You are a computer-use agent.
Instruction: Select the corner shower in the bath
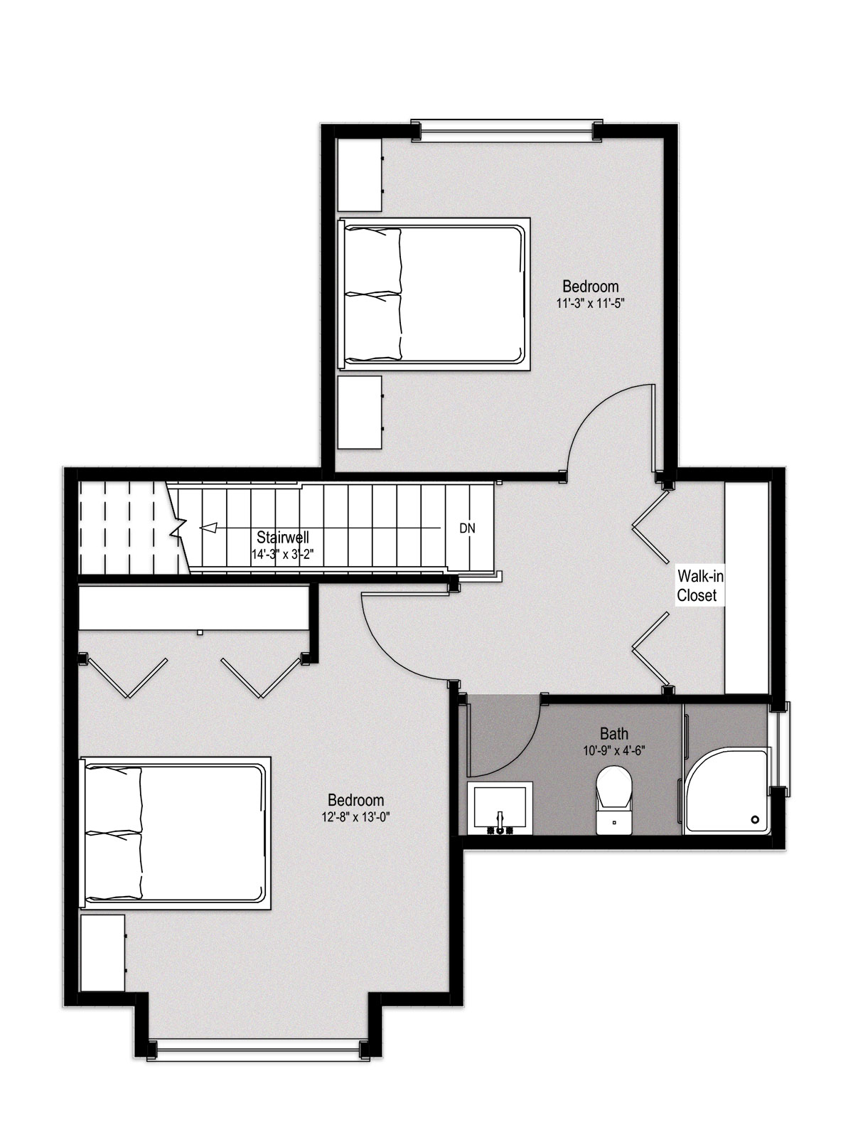[727, 791]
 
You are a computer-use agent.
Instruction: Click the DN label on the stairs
[467, 528]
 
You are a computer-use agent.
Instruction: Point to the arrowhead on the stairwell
[208, 528]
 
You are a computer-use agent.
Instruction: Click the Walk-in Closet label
[700, 585]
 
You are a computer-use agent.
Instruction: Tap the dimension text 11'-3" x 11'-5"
[590, 303]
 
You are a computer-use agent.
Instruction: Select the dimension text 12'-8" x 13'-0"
[355, 817]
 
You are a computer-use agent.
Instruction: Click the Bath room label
[613, 733]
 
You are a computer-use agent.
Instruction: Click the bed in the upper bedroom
[434, 294]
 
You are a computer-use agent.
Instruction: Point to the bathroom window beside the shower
[781, 749]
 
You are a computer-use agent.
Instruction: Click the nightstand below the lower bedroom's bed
[103, 953]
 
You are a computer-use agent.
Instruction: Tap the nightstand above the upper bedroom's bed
[360, 174]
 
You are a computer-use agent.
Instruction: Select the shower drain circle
[755, 819]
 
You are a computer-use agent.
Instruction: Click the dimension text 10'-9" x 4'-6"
[613, 750]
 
